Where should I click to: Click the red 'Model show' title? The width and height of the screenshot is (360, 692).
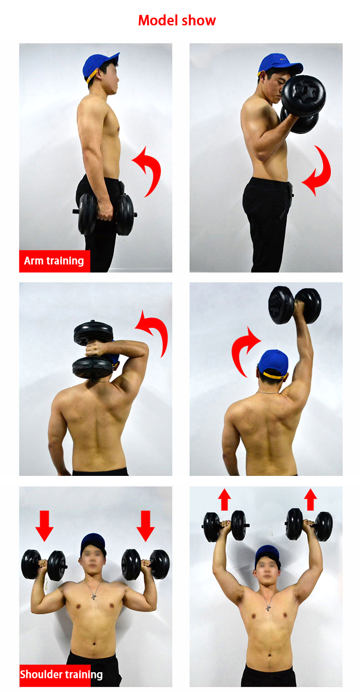point(177,20)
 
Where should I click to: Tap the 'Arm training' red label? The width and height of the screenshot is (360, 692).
point(54,261)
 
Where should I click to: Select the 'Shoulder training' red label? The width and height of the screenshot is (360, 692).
point(61,675)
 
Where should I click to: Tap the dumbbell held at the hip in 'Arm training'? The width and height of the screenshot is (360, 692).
point(105,213)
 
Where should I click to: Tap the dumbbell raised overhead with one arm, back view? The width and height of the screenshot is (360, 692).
point(295,305)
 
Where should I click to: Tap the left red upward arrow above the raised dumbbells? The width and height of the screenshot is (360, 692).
point(225,500)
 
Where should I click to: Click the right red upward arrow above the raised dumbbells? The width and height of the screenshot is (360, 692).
point(310,500)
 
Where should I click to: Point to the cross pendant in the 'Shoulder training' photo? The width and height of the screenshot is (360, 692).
point(94,597)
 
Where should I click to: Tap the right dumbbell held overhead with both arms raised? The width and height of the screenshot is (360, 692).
point(309,525)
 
